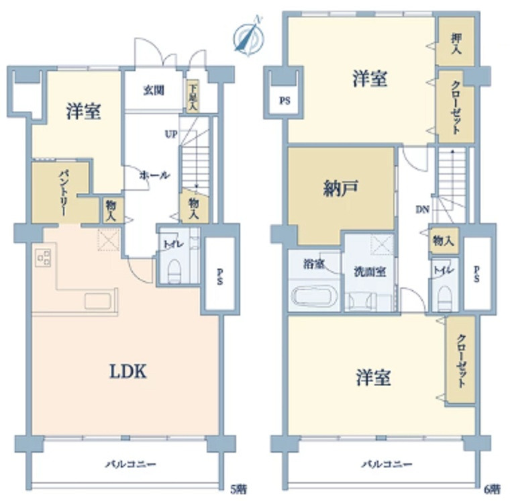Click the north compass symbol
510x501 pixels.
click(249, 37)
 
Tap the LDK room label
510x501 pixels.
click(127, 371)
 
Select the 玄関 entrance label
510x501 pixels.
click(154, 90)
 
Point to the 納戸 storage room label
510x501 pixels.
click(340, 188)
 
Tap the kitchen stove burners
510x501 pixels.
click(44, 257)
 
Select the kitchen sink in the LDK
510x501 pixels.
click(97, 301)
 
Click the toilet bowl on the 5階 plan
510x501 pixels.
click(174, 271)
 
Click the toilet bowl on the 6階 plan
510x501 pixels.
click(444, 298)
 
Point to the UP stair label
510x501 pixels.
click(171, 134)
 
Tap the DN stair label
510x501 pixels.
click(423, 210)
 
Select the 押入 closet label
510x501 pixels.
click(456, 44)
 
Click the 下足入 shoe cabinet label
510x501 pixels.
click(193, 97)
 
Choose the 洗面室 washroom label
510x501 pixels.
click(370, 272)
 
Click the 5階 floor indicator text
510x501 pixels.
click(238, 489)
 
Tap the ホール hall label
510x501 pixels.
click(154, 175)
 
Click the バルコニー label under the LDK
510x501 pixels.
click(130, 464)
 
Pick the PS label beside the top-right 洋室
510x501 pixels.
click(285, 101)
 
